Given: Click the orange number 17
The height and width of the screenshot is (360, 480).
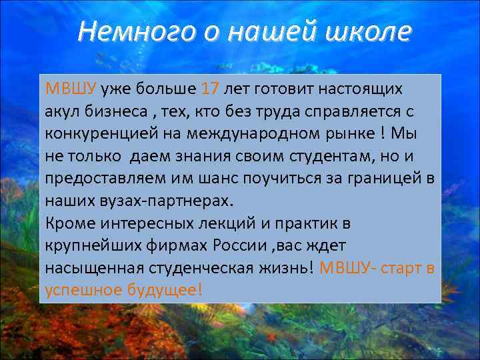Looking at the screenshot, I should click(209, 89).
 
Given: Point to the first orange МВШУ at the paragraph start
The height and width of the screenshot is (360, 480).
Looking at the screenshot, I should click(71, 89).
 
